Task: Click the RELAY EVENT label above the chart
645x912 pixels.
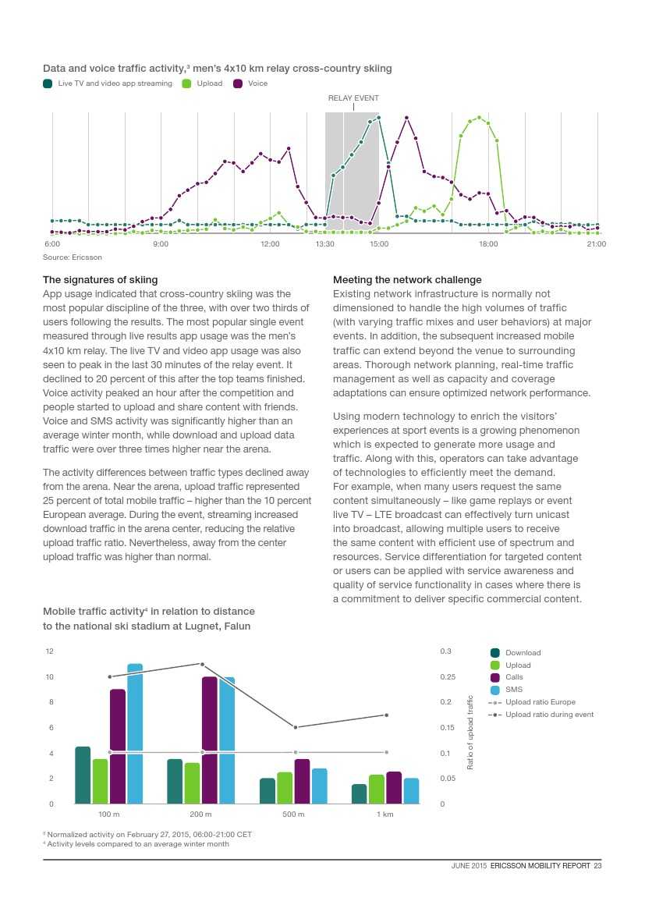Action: click(x=353, y=98)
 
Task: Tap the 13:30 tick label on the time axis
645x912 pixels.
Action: click(x=325, y=244)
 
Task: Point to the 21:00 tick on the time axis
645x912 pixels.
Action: click(x=597, y=244)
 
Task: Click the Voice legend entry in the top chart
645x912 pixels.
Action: click(x=251, y=83)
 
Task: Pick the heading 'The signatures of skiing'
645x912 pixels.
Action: click(x=100, y=279)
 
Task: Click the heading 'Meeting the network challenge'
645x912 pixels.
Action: click(x=407, y=279)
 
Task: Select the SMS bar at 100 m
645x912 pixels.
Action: click(x=135, y=733)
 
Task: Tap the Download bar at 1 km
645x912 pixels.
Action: click(x=359, y=793)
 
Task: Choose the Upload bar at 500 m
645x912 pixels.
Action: click(x=285, y=788)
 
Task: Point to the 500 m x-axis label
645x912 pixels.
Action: click(x=293, y=814)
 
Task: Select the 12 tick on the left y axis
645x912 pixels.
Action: click(x=50, y=651)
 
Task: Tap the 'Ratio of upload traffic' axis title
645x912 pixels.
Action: click(x=470, y=733)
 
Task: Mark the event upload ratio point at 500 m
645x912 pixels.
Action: click(x=295, y=727)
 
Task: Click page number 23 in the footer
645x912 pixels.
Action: click(x=597, y=864)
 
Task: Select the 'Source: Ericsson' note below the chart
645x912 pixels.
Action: click(x=72, y=257)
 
